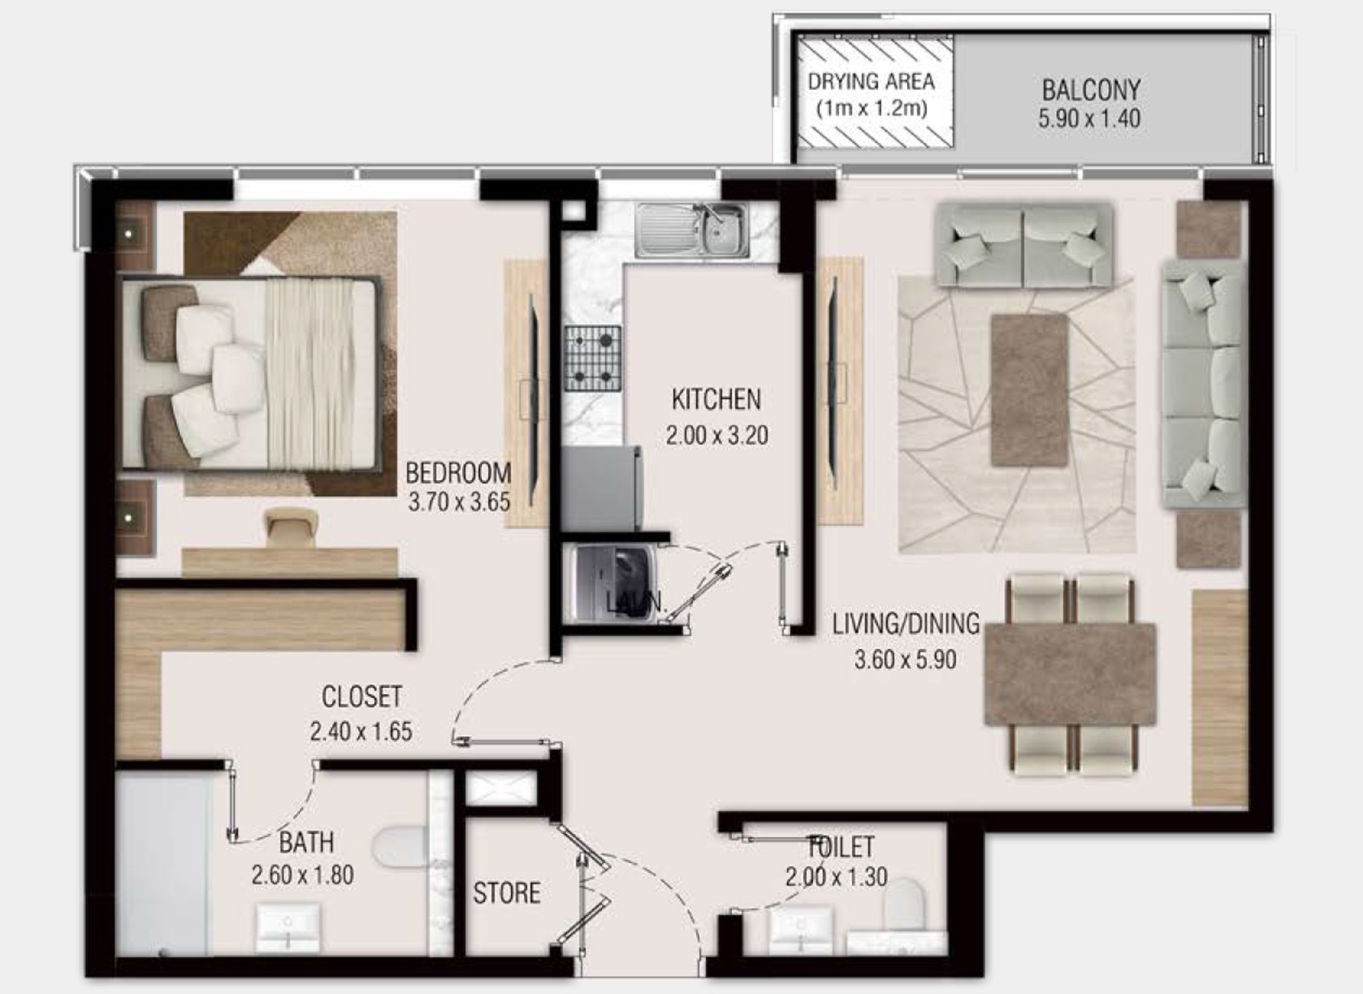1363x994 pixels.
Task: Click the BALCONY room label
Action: [1091, 90]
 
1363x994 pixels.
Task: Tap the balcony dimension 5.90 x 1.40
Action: [1089, 118]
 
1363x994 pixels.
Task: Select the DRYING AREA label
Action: [871, 81]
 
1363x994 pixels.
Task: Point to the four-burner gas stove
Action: [592, 358]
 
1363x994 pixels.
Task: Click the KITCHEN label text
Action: [716, 400]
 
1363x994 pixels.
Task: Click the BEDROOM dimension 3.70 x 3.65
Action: [459, 502]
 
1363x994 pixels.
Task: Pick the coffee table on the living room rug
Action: [1029, 390]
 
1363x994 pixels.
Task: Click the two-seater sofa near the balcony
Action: [1024, 246]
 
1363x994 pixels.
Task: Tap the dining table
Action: [1069, 674]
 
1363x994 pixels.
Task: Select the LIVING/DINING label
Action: [905, 623]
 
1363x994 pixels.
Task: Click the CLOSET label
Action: [362, 697]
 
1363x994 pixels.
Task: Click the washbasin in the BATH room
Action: [288, 927]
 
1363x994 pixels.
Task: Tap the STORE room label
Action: [507, 893]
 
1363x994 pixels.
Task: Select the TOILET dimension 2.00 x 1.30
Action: [836, 877]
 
